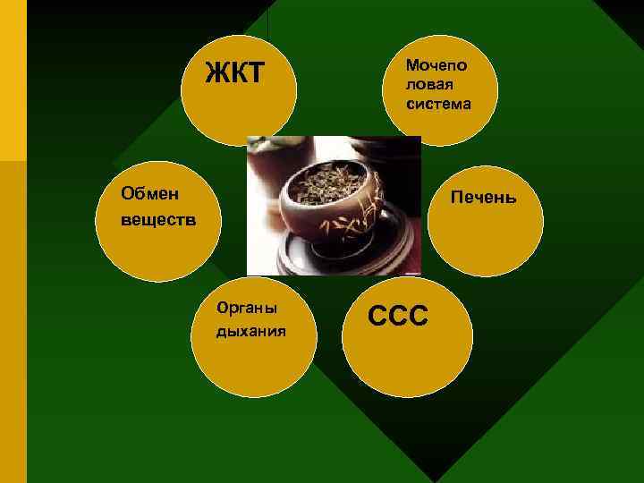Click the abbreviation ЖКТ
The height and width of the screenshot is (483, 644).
(x=235, y=72)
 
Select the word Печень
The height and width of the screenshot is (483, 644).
(x=484, y=196)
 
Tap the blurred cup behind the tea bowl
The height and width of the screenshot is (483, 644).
(x=268, y=161)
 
